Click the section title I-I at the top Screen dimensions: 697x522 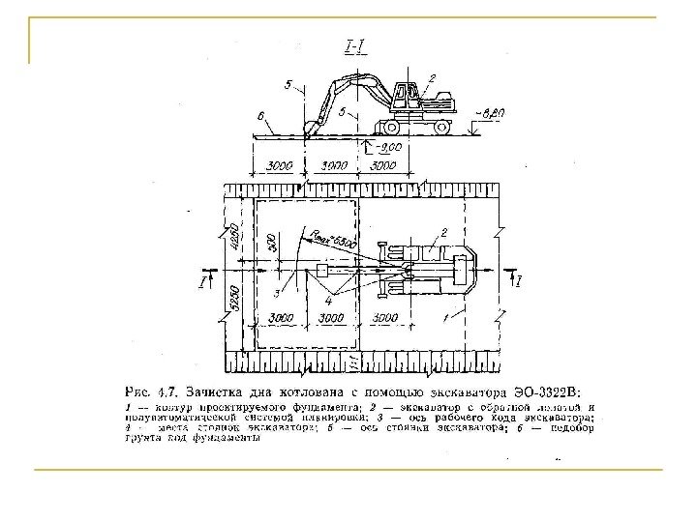coord(355,44)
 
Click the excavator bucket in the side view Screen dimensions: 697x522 coord(312,127)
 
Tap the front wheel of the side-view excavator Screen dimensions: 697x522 coord(396,126)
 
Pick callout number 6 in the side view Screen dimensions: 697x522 coord(261,115)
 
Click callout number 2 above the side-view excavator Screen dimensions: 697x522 coord(431,76)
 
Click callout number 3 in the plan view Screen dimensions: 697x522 coord(278,291)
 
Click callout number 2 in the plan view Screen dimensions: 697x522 coord(443,232)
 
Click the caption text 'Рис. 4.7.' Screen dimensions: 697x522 coord(152,391)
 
